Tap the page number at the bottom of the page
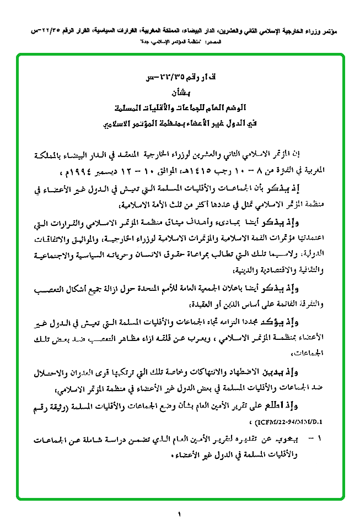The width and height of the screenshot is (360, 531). click(180, 515)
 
